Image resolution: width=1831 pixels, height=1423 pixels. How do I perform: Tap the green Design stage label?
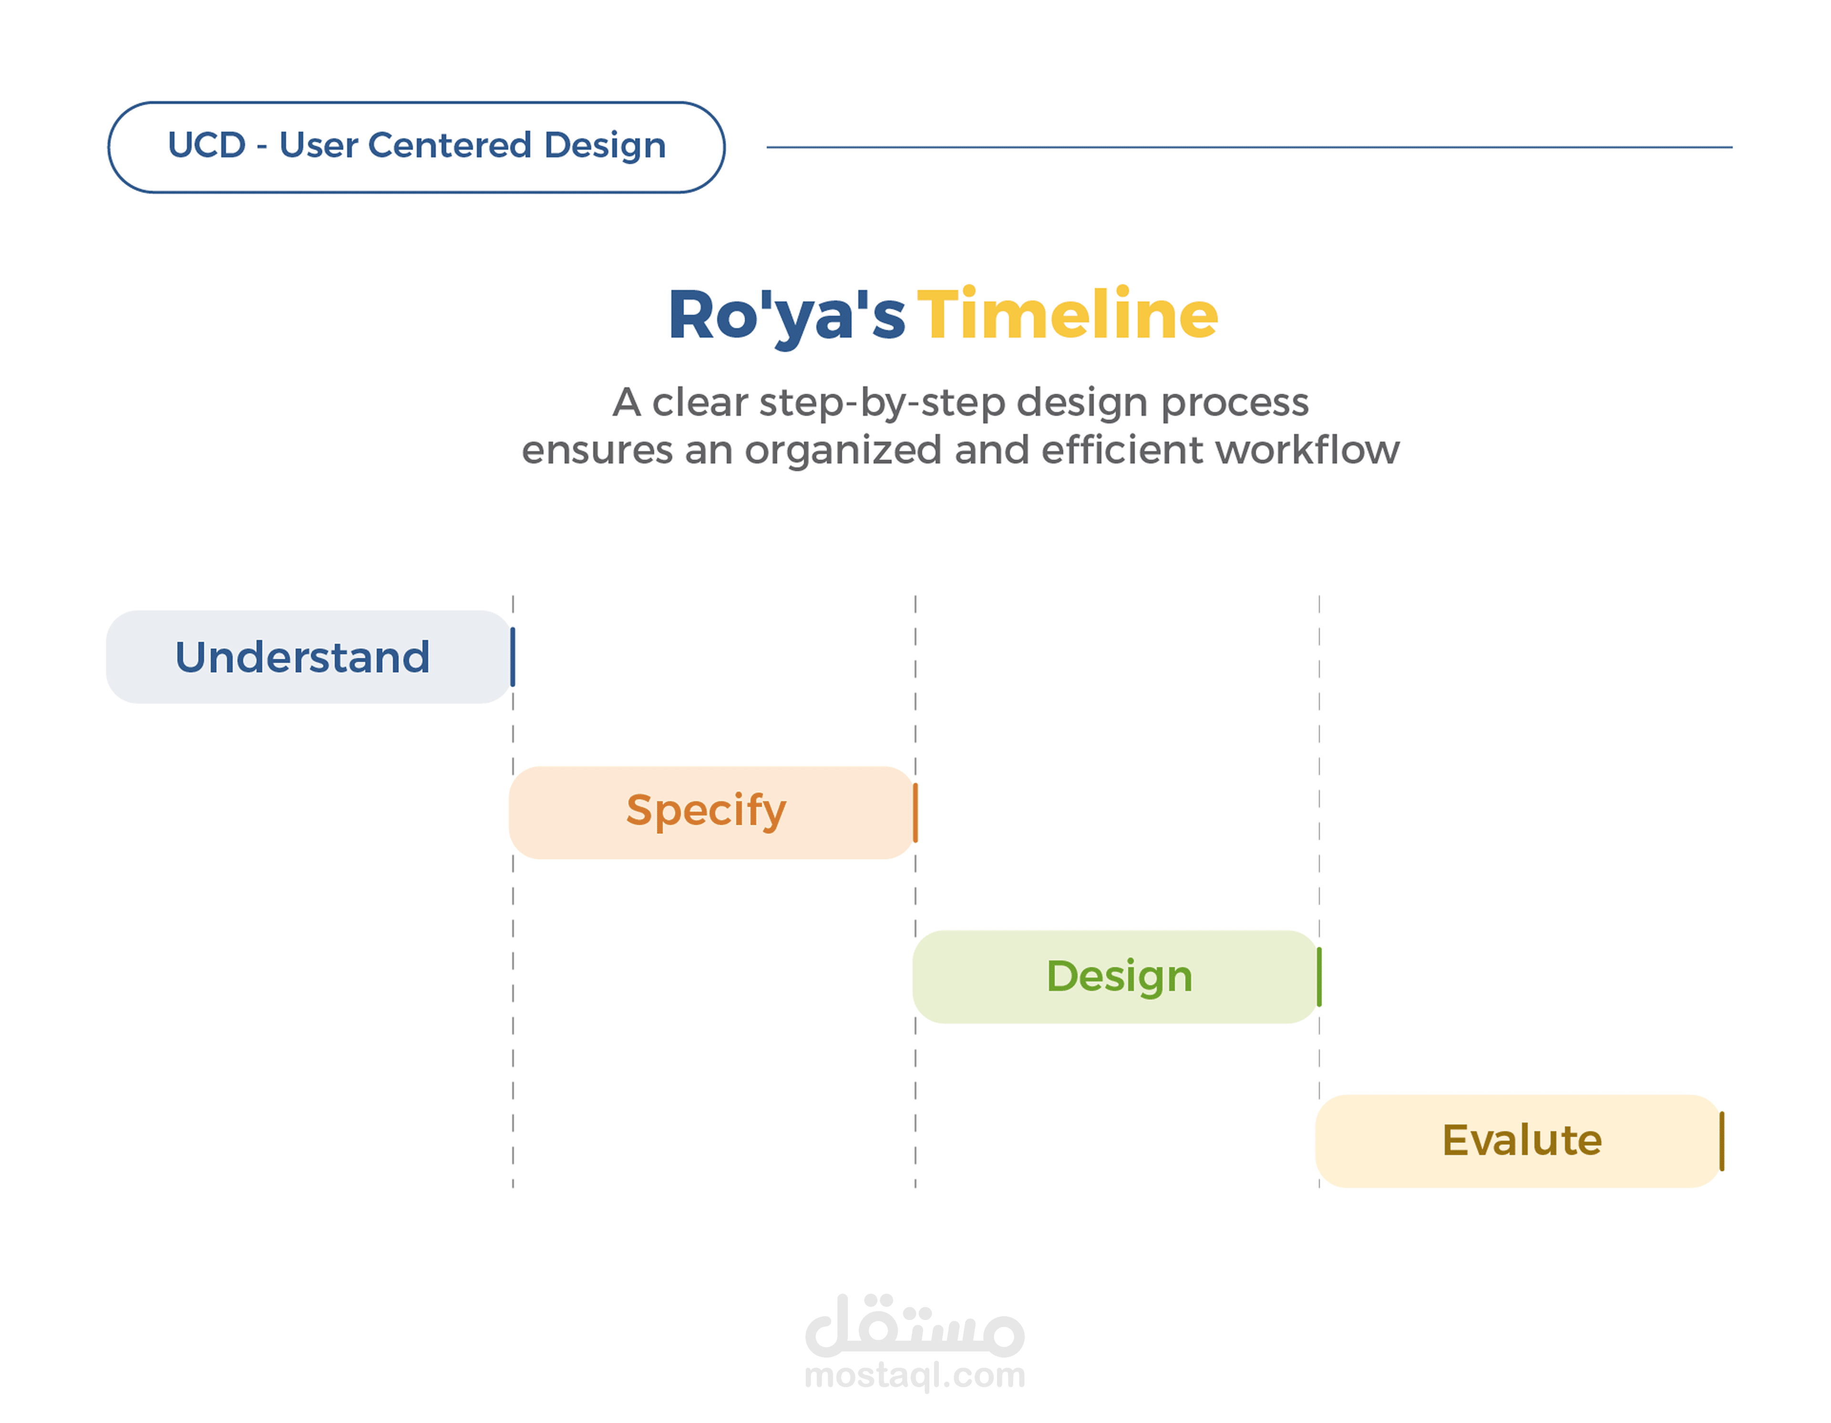pos(1119,977)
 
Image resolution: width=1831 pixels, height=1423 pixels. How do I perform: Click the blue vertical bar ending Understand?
pos(512,657)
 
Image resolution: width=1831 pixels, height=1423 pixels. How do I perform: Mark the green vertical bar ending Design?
pos(1319,977)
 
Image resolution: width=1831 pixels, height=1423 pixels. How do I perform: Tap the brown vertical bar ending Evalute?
pos(1721,1141)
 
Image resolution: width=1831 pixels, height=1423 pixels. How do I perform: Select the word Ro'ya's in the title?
pos(786,317)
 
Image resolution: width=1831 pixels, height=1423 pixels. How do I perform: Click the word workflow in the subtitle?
pos(1307,450)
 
